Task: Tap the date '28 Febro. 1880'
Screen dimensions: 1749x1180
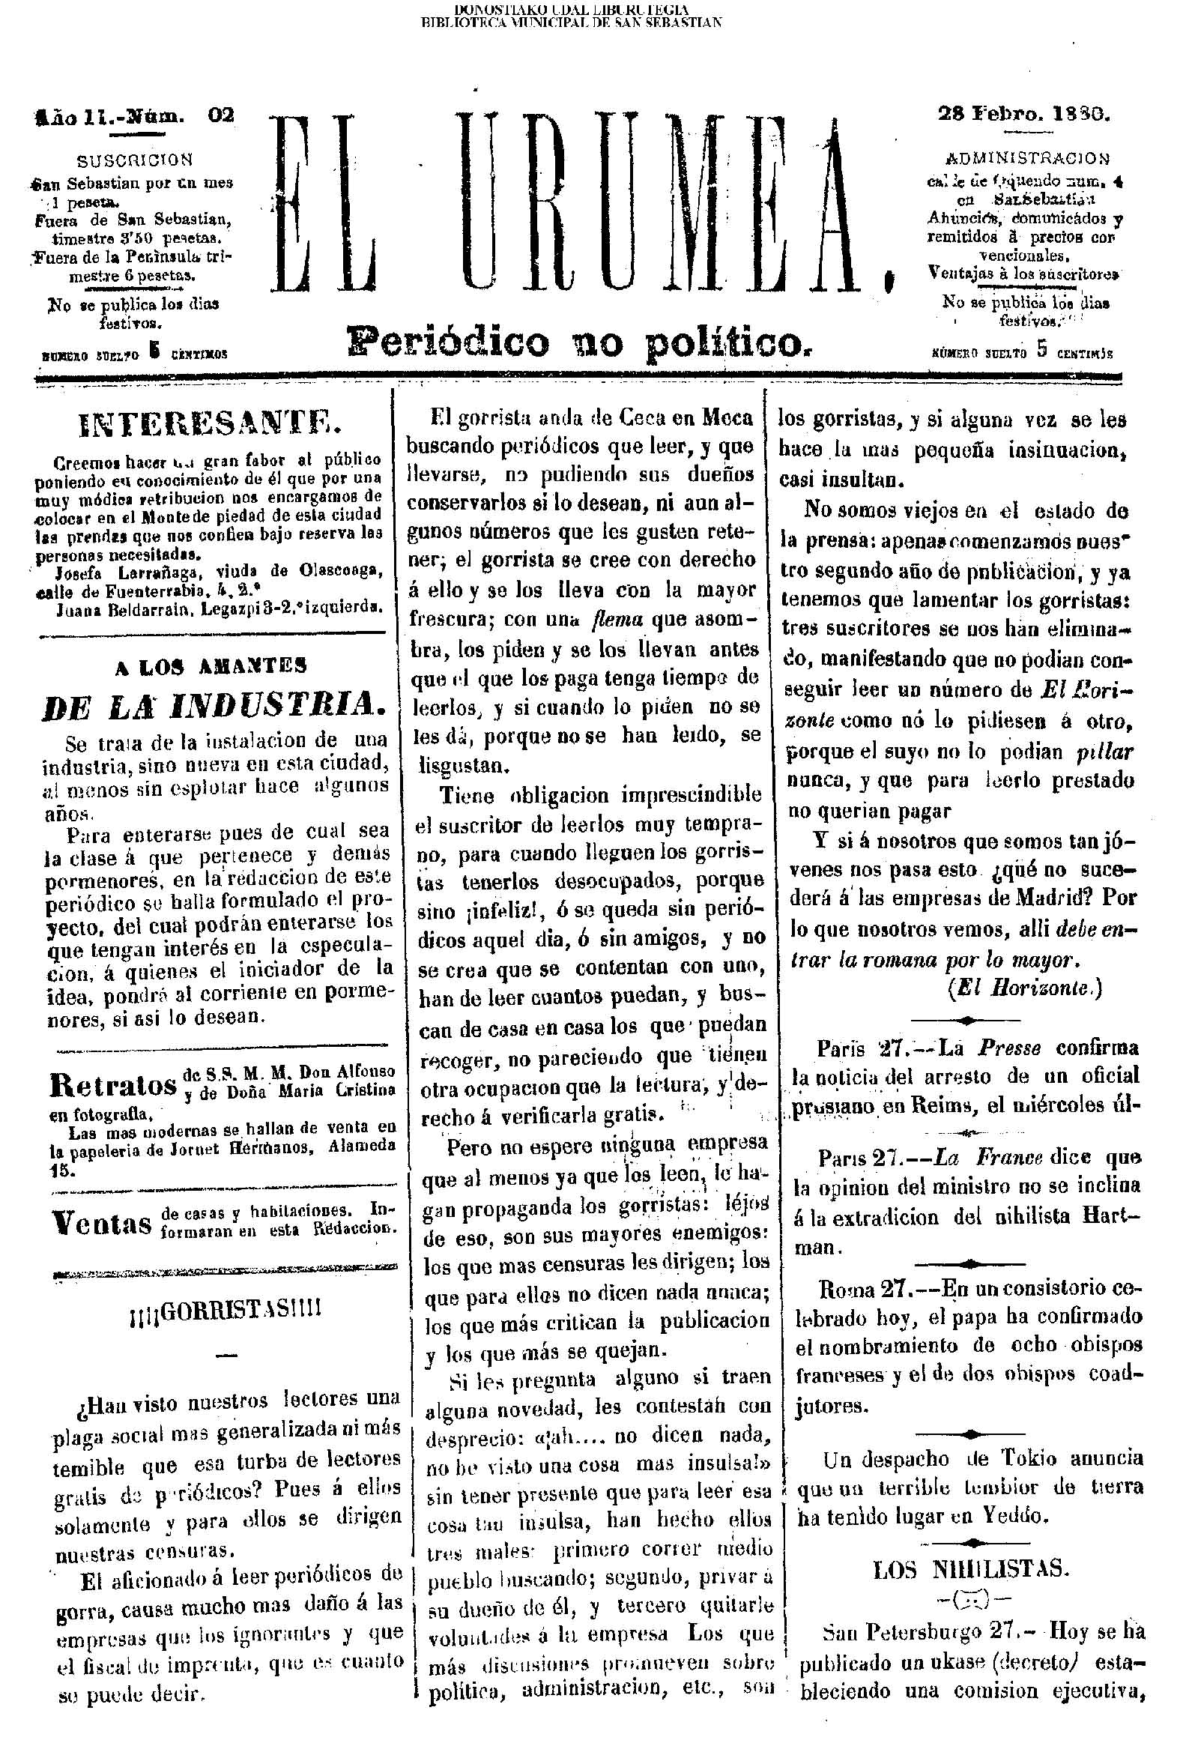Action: coord(1024,115)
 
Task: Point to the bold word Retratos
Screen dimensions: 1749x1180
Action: coord(113,1084)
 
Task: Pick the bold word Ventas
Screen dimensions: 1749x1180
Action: coord(103,1224)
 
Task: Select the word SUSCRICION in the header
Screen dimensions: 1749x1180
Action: coord(136,160)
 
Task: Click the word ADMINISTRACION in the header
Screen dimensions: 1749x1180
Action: coord(1026,158)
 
